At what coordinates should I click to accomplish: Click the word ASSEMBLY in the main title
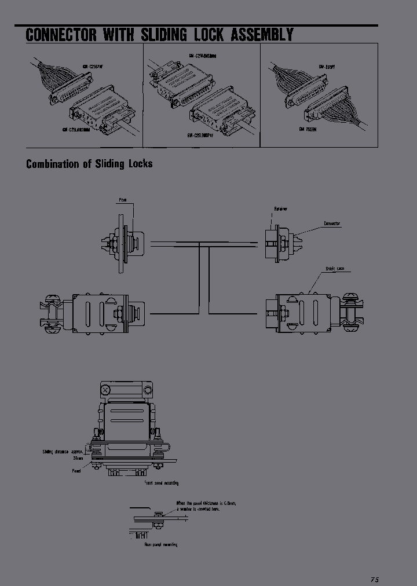(x=262, y=35)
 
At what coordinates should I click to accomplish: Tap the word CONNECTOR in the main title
(x=61, y=35)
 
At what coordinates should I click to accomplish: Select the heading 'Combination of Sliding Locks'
(x=89, y=164)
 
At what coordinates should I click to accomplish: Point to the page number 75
(x=374, y=579)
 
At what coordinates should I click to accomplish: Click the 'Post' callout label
(x=123, y=200)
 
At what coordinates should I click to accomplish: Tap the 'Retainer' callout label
(x=280, y=208)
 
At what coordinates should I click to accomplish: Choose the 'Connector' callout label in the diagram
(x=332, y=223)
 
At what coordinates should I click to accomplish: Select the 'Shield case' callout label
(x=335, y=269)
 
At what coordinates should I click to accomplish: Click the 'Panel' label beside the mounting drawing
(x=76, y=471)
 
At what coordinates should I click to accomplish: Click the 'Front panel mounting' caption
(x=161, y=482)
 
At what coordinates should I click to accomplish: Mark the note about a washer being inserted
(x=206, y=506)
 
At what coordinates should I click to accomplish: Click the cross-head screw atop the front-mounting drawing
(x=105, y=390)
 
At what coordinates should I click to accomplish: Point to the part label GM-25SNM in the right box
(x=309, y=129)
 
